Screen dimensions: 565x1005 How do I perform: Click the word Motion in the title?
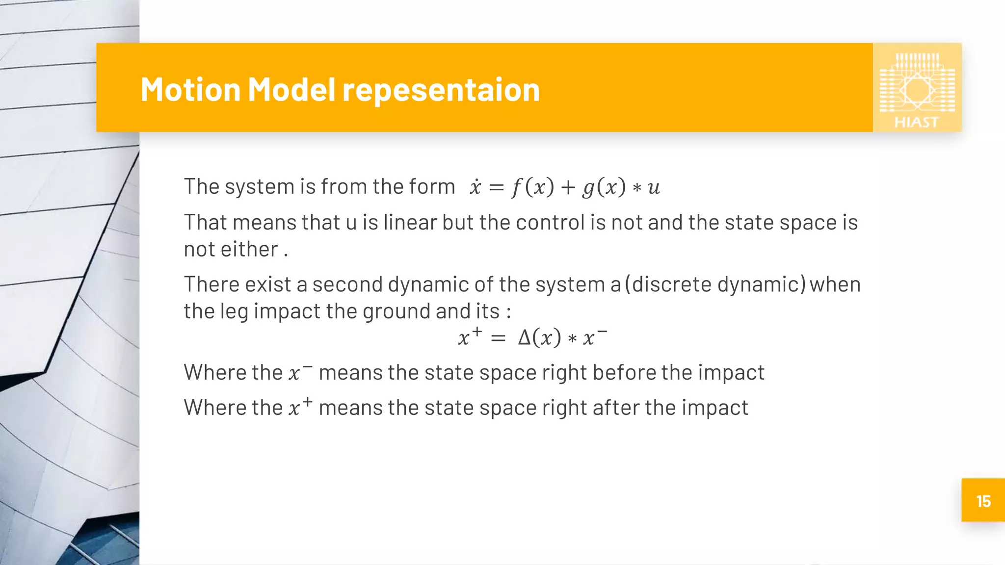coord(190,90)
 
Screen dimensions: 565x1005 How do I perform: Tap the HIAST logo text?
coord(916,122)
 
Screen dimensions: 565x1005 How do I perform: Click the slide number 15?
coord(983,501)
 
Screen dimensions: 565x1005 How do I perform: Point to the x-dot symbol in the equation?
coord(475,187)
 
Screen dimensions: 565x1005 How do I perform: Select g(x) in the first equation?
coord(604,187)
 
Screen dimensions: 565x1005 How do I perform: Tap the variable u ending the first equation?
coord(654,187)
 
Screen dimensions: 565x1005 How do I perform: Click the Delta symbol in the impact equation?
coord(525,338)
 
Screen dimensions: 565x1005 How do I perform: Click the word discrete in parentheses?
coord(671,284)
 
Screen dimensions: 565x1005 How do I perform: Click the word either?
coord(249,250)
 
